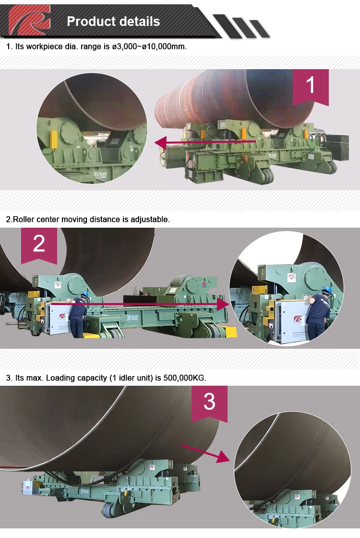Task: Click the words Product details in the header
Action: point(113,21)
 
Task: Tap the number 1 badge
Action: point(311,86)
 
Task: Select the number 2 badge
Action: point(39,244)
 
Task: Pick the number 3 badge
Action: point(209,401)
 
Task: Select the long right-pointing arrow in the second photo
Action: point(139,304)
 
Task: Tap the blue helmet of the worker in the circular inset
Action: point(327,290)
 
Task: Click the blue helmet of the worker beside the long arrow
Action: point(84,294)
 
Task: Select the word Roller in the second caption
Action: point(23,220)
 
